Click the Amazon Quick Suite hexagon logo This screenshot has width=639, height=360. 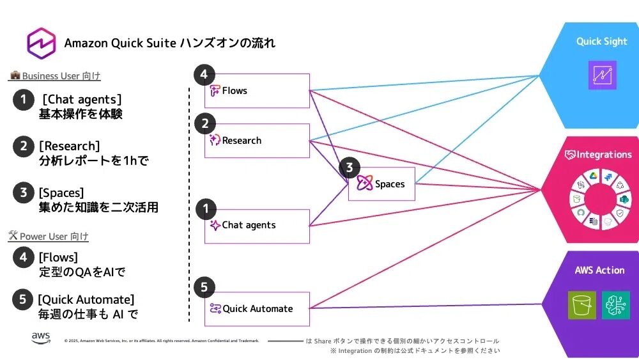point(42,43)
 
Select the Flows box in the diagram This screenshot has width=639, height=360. point(257,91)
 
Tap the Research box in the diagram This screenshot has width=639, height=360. point(257,141)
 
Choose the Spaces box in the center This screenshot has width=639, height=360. point(381,184)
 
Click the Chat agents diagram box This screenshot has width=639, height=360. point(257,226)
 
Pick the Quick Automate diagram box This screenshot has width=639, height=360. point(257,309)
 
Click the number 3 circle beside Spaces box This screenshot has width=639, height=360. point(349,168)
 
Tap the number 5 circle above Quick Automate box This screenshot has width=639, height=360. point(204,287)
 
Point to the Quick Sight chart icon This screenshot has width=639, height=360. point(603,75)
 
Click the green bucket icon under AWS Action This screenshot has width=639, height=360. point(581,305)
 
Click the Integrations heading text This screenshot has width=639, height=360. point(598,155)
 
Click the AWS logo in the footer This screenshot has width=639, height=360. point(42,338)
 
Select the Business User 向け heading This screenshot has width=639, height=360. point(56,76)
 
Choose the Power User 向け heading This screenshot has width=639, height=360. point(49,237)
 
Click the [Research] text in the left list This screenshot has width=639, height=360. point(69,146)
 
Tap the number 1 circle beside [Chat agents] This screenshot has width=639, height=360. point(23,100)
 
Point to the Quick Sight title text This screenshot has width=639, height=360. point(601,42)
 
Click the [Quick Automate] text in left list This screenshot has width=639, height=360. point(86,299)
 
